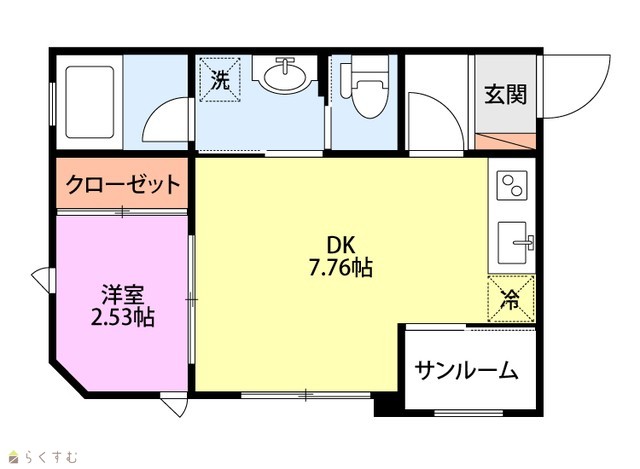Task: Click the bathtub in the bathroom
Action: click(89, 102)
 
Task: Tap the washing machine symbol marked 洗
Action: click(220, 80)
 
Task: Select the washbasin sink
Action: click(284, 75)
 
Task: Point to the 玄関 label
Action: click(506, 94)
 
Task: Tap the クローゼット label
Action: click(123, 184)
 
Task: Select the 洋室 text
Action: click(122, 295)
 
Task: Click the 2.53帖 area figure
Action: click(122, 317)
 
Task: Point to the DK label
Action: click(341, 246)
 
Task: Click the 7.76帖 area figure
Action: click(340, 268)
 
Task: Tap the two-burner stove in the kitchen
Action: click(512, 185)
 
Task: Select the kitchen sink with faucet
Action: click(515, 243)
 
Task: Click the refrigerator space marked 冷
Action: click(511, 298)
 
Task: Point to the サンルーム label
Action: click(467, 371)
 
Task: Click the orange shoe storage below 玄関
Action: click(505, 141)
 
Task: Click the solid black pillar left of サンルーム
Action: click(389, 405)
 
